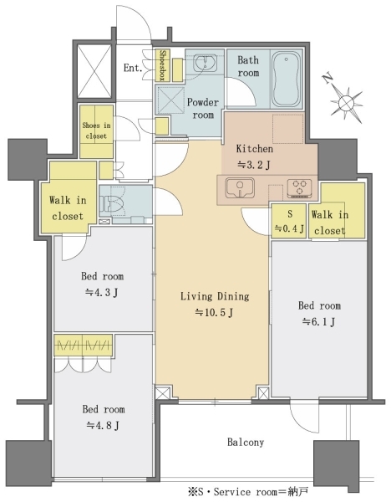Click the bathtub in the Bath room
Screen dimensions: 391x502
[x=286, y=79]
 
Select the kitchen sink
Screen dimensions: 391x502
[x=240, y=188]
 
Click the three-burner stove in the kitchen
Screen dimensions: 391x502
[x=299, y=187]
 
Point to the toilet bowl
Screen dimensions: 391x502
[x=111, y=202]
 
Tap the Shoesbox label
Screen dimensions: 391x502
[x=162, y=65]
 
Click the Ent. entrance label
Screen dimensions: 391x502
[x=133, y=68]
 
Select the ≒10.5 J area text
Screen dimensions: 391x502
[x=214, y=312]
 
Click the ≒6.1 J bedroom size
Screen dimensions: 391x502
[x=319, y=321]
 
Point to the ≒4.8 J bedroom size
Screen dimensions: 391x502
[x=103, y=426]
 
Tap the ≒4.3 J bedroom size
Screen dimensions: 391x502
[x=102, y=292]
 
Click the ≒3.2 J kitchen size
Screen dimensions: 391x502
[x=254, y=165]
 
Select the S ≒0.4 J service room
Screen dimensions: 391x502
[x=289, y=221]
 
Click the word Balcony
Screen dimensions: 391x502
[x=246, y=442]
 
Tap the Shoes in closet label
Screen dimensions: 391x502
[x=96, y=131]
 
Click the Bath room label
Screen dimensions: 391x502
[x=248, y=66]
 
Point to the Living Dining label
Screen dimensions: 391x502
[x=215, y=296]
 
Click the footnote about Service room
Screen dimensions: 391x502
[x=248, y=491]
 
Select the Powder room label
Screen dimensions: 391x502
[x=203, y=108]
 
